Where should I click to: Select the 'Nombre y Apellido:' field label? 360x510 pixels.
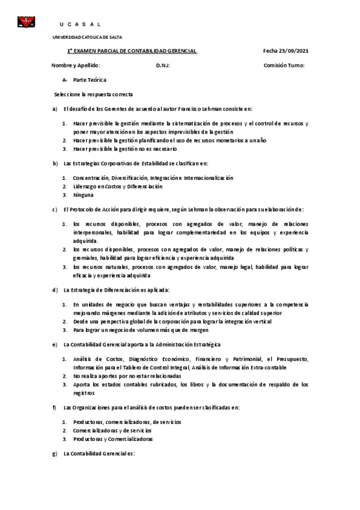(x=76, y=65)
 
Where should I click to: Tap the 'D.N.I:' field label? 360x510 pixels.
(x=163, y=65)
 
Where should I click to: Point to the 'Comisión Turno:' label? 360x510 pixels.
(x=284, y=65)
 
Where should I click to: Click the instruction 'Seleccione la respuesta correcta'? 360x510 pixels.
(x=93, y=94)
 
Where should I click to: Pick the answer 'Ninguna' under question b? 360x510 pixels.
(x=83, y=195)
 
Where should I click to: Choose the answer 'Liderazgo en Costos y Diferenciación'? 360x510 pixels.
(x=118, y=186)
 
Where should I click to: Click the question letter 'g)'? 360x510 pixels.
(x=55, y=453)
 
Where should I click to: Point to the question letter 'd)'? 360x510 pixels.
(x=55, y=289)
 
